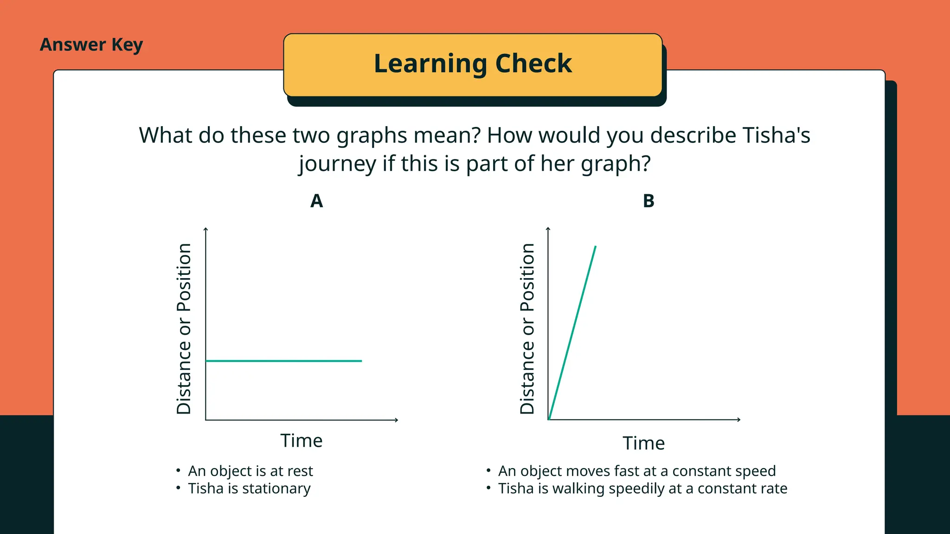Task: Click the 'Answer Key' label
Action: click(x=91, y=45)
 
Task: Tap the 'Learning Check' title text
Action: click(x=473, y=64)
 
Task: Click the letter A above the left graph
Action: click(x=316, y=201)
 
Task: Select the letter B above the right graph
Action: click(x=648, y=201)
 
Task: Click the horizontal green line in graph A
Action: click(x=283, y=361)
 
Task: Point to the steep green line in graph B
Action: click(x=572, y=332)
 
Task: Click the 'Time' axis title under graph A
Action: click(x=301, y=440)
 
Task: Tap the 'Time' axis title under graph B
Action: click(x=643, y=443)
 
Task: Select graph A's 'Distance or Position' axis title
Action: click(x=184, y=328)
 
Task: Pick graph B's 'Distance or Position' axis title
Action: click(x=527, y=328)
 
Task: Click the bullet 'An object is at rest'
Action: click(x=250, y=471)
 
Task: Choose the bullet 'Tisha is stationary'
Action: click(x=249, y=489)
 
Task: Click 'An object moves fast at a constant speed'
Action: click(x=636, y=471)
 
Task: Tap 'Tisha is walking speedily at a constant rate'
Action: click(x=642, y=489)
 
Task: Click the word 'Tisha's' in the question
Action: click(x=776, y=135)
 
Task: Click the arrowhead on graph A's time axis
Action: click(x=397, y=420)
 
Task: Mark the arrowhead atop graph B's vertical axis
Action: click(x=548, y=229)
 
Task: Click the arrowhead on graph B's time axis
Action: click(x=739, y=420)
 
